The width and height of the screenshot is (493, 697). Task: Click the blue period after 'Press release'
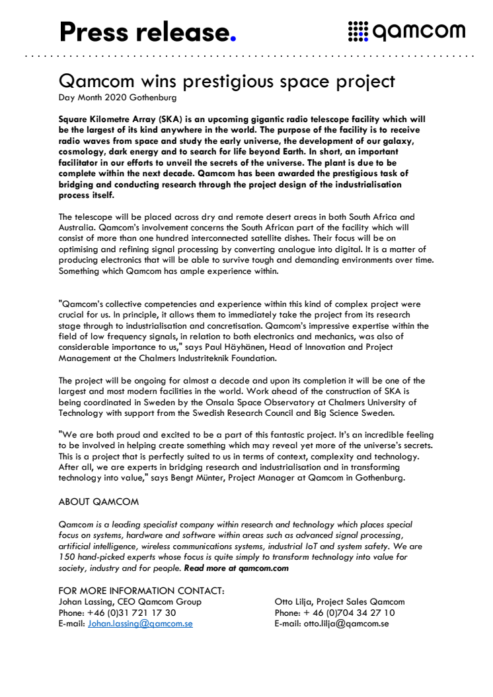point(231,37)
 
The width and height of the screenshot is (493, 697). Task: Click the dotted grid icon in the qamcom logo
point(357,31)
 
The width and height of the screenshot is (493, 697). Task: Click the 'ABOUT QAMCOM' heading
point(98,502)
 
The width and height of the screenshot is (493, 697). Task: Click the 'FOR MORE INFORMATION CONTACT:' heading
point(141,591)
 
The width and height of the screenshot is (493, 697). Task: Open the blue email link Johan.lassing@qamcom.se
point(140,623)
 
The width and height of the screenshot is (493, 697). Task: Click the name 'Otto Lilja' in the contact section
point(295,602)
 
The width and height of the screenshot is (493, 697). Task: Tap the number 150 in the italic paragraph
point(67,556)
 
